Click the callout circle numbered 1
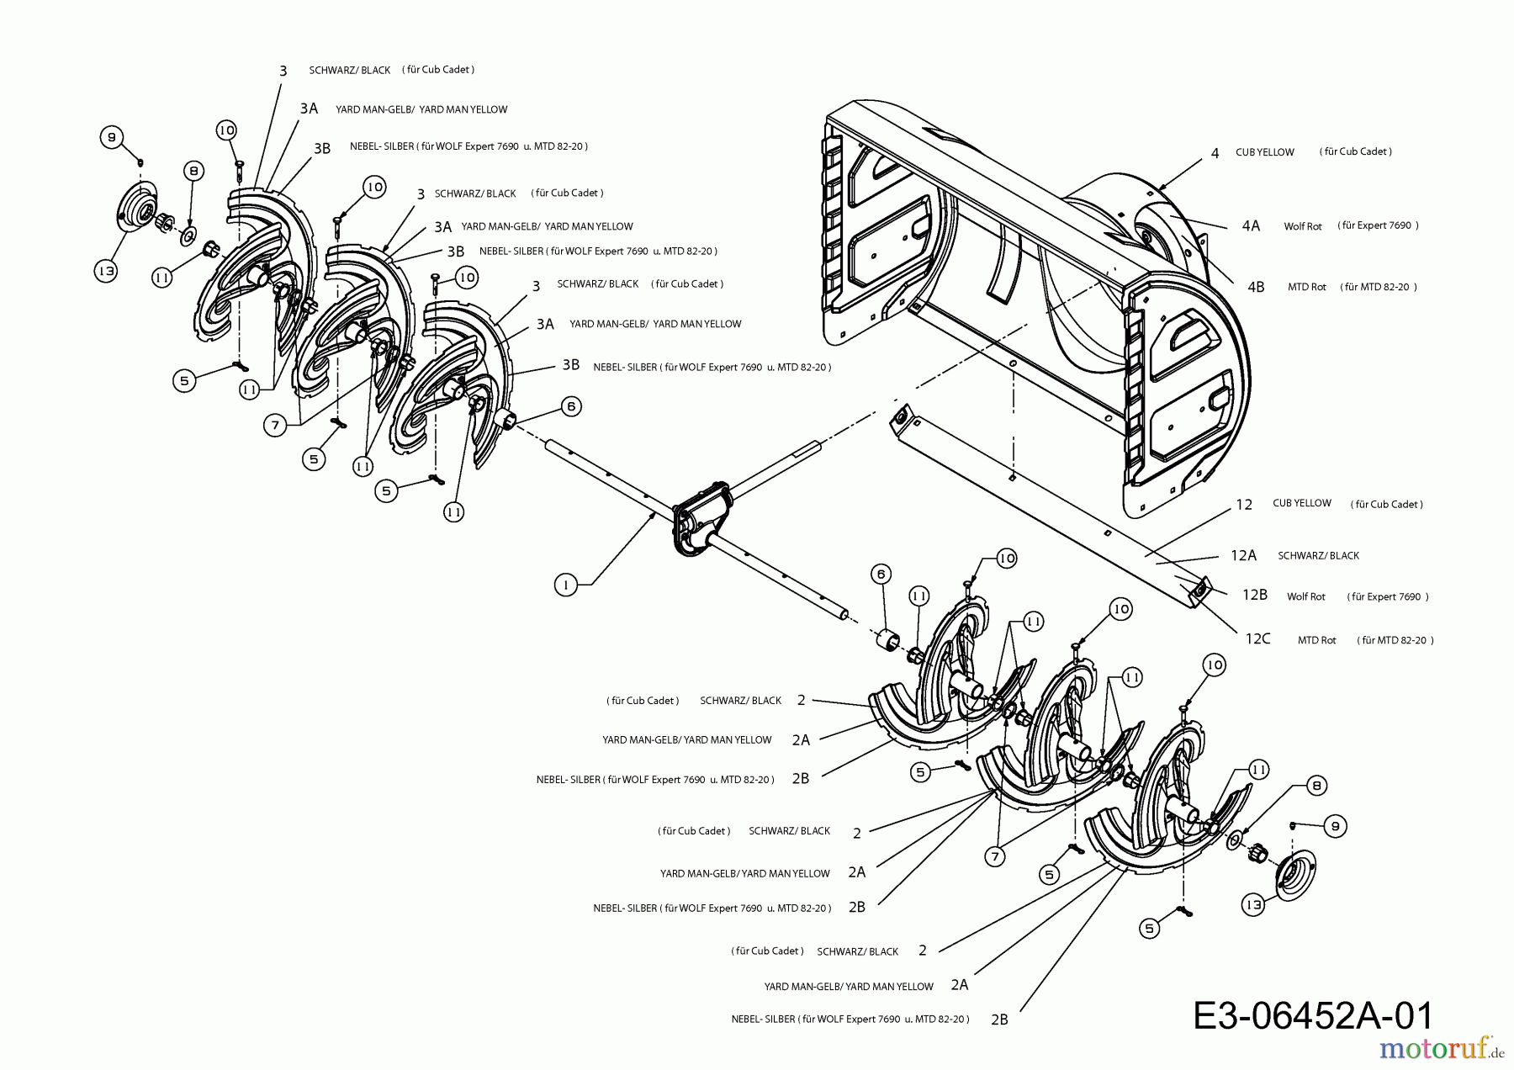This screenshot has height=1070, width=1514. [x=567, y=585]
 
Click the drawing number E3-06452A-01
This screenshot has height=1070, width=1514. [x=1312, y=1015]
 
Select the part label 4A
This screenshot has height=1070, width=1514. [x=1251, y=225]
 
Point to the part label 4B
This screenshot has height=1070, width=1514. [x=1255, y=287]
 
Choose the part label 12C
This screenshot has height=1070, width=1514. [x=1257, y=639]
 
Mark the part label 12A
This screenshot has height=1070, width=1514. [x=1243, y=555]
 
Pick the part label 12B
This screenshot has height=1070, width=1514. [x=1254, y=595]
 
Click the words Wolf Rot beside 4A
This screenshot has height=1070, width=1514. [x=1303, y=226]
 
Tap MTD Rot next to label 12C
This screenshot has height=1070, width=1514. [x=1316, y=640]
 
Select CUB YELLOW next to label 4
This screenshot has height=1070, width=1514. [x=1264, y=152]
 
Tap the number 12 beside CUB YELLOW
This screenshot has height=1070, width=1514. [x=1244, y=505]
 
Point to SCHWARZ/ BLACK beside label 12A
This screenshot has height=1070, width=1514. [x=1318, y=555]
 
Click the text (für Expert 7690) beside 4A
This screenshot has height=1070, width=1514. [x=1378, y=225]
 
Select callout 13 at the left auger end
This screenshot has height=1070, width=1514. [x=105, y=271]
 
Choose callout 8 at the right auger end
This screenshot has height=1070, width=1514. [x=1316, y=786]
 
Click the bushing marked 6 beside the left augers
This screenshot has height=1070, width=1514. [x=510, y=420]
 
